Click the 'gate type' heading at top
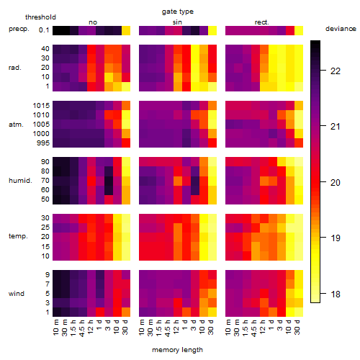click(178, 12)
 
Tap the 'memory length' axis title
click(177, 350)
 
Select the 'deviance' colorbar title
click(341, 29)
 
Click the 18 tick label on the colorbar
click(336, 294)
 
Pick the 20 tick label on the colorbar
click(336, 183)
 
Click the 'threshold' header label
click(40, 17)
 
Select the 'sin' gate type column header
click(177, 22)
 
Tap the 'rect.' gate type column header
click(262, 22)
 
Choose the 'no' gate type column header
click(93, 22)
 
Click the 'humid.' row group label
click(20, 181)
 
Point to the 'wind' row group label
click(17, 294)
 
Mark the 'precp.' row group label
click(19, 29)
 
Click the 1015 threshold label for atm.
click(41, 106)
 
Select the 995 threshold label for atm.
click(43, 143)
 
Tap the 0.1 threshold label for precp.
click(44, 30)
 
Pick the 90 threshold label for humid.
click(45, 162)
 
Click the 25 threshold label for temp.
click(45, 228)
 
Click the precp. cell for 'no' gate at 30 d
click(126, 30)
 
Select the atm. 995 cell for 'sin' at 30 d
click(212, 143)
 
